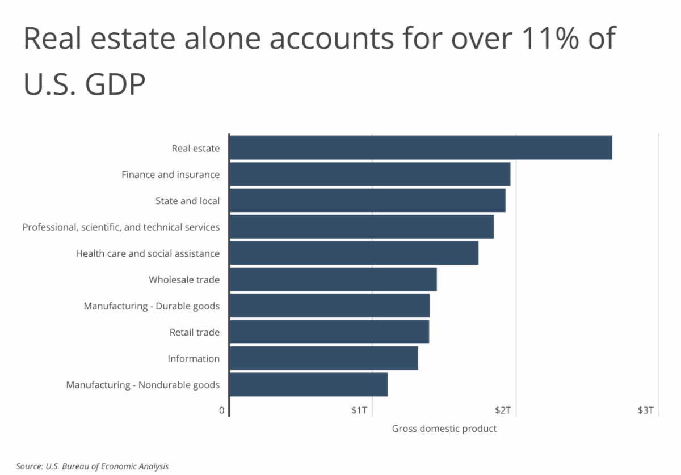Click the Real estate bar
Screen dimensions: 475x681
coord(420,148)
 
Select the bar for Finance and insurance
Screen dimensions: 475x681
coord(369,174)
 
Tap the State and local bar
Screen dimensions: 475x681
coord(367,201)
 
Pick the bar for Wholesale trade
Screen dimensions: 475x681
coord(333,279)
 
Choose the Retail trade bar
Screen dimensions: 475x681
coord(329,332)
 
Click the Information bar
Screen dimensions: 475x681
coord(323,358)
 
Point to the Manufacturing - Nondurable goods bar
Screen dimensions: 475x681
coord(308,384)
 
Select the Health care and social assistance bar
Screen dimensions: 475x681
coord(354,253)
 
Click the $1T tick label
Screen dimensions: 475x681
coord(359,410)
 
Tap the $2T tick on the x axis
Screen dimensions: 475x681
coord(502,410)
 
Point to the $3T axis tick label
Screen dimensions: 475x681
coord(645,410)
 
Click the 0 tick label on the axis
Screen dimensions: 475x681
coord(222,410)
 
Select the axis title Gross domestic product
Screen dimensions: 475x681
coord(444,429)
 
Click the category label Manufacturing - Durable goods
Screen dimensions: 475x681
coord(152,306)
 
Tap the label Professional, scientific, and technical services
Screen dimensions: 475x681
coord(121,227)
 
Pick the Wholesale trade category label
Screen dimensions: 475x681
coord(184,279)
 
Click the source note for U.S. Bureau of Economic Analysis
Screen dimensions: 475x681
coord(93,466)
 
